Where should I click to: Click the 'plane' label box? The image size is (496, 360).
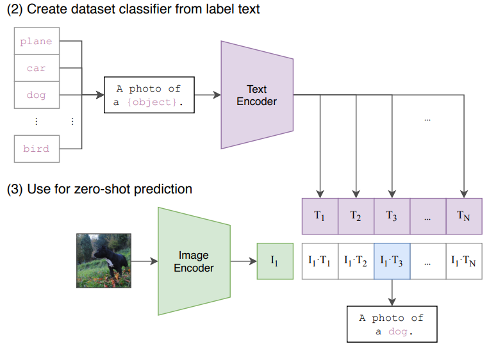[x=37, y=41]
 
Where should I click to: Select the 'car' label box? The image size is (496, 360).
[x=37, y=68]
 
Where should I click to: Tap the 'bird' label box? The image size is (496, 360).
[x=37, y=149]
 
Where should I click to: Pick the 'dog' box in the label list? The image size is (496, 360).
[x=37, y=95]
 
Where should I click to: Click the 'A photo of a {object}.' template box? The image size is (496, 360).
[x=149, y=95]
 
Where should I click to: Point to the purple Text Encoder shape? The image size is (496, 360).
[x=257, y=95]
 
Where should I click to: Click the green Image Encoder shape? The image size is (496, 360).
[x=194, y=261]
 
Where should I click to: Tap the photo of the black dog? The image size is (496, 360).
[x=104, y=261]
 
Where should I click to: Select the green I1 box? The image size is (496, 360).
[x=275, y=261]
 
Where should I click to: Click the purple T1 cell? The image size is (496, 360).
[x=320, y=216]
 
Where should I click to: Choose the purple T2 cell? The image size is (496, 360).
[x=356, y=216]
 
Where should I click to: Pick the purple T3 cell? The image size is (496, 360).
[x=392, y=216]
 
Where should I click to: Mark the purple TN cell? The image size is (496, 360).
[x=464, y=216]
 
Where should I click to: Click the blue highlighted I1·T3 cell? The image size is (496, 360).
[x=392, y=261]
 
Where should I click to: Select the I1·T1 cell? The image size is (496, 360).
[x=320, y=261]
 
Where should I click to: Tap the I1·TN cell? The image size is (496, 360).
[x=464, y=261]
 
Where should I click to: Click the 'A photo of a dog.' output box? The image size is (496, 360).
[x=392, y=324]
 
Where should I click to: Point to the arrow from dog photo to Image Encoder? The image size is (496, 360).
[x=145, y=261]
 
